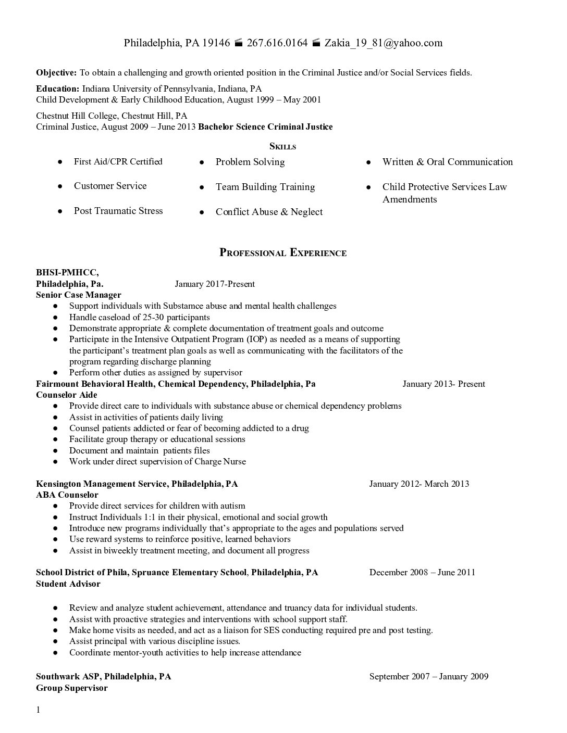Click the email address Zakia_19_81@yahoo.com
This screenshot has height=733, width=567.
point(384,43)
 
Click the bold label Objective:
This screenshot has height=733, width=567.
point(56,72)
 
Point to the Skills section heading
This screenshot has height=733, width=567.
point(282,147)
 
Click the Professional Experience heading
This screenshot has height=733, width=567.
point(283,253)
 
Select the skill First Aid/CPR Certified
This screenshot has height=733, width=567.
point(118,161)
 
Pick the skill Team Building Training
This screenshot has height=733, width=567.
point(265,186)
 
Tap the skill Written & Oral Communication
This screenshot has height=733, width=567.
point(448,161)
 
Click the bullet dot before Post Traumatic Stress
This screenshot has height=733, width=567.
point(60,211)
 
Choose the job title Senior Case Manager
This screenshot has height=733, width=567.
point(78,295)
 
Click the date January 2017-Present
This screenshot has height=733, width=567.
point(215,284)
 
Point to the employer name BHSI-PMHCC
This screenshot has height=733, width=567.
point(67,272)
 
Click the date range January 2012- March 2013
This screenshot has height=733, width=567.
point(419,484)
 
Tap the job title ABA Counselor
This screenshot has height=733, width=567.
point(67,495)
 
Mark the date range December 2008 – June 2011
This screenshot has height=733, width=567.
point(422,572)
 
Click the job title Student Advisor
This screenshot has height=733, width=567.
point(68,584)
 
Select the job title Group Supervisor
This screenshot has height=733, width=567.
point(71,688)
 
